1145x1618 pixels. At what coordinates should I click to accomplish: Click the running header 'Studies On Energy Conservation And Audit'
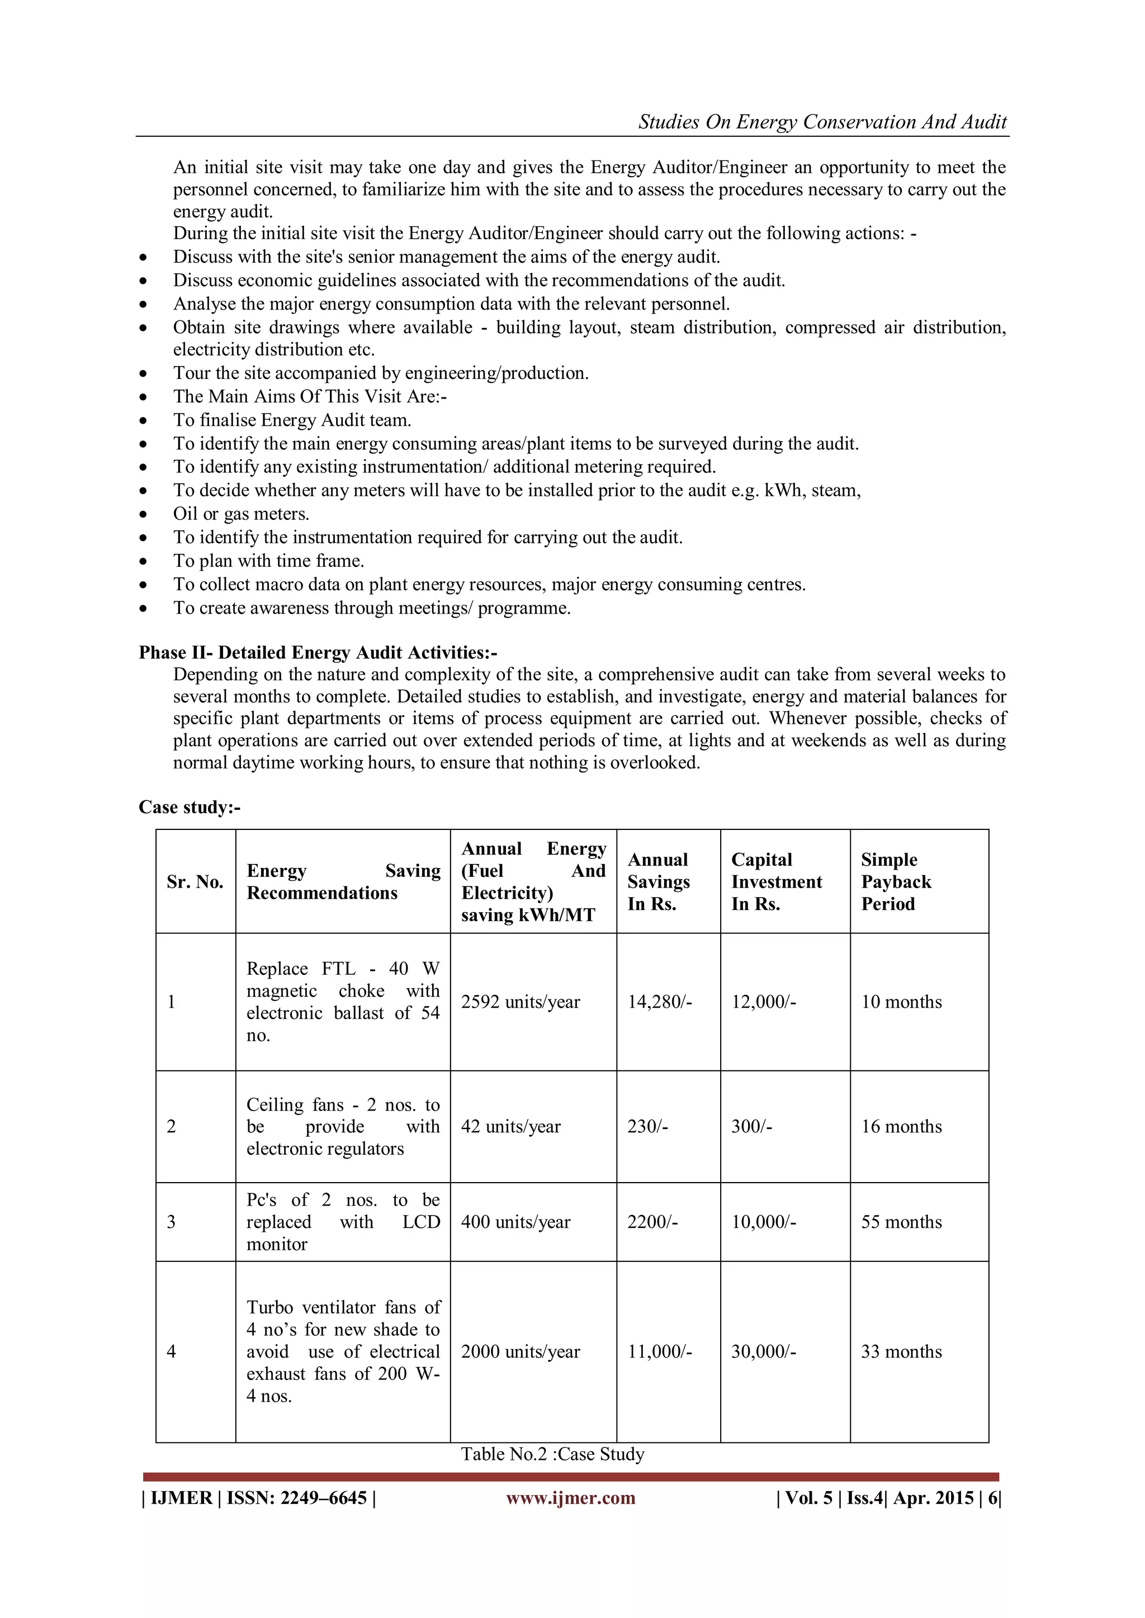(822, 122)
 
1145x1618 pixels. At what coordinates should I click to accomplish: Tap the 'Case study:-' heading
(189, 807)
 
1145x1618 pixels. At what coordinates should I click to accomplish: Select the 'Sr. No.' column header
(195, 881)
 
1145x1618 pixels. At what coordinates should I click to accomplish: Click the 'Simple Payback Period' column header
(896, 881)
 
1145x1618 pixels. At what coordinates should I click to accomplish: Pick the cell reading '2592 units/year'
(521, 1002)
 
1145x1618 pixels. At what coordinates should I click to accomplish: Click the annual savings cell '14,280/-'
(660, 1002)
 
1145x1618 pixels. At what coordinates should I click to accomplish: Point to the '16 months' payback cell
(901, 1126)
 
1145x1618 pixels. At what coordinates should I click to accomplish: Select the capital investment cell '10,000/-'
(764, 1221)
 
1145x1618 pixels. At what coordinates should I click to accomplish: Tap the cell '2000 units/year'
(521, 1351)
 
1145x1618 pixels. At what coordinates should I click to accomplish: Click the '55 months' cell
(901, 1221)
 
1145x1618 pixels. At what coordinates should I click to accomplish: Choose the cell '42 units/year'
(510, 1126)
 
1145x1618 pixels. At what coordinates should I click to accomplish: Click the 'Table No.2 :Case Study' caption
(553, 1454)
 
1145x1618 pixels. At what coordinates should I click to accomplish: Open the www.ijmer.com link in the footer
(570, 1497)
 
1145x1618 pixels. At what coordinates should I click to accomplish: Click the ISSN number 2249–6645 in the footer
(324, 1497)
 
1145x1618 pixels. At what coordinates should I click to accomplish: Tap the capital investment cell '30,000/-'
(764, 1351)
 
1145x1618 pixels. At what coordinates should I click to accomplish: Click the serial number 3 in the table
(171, 1221)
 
